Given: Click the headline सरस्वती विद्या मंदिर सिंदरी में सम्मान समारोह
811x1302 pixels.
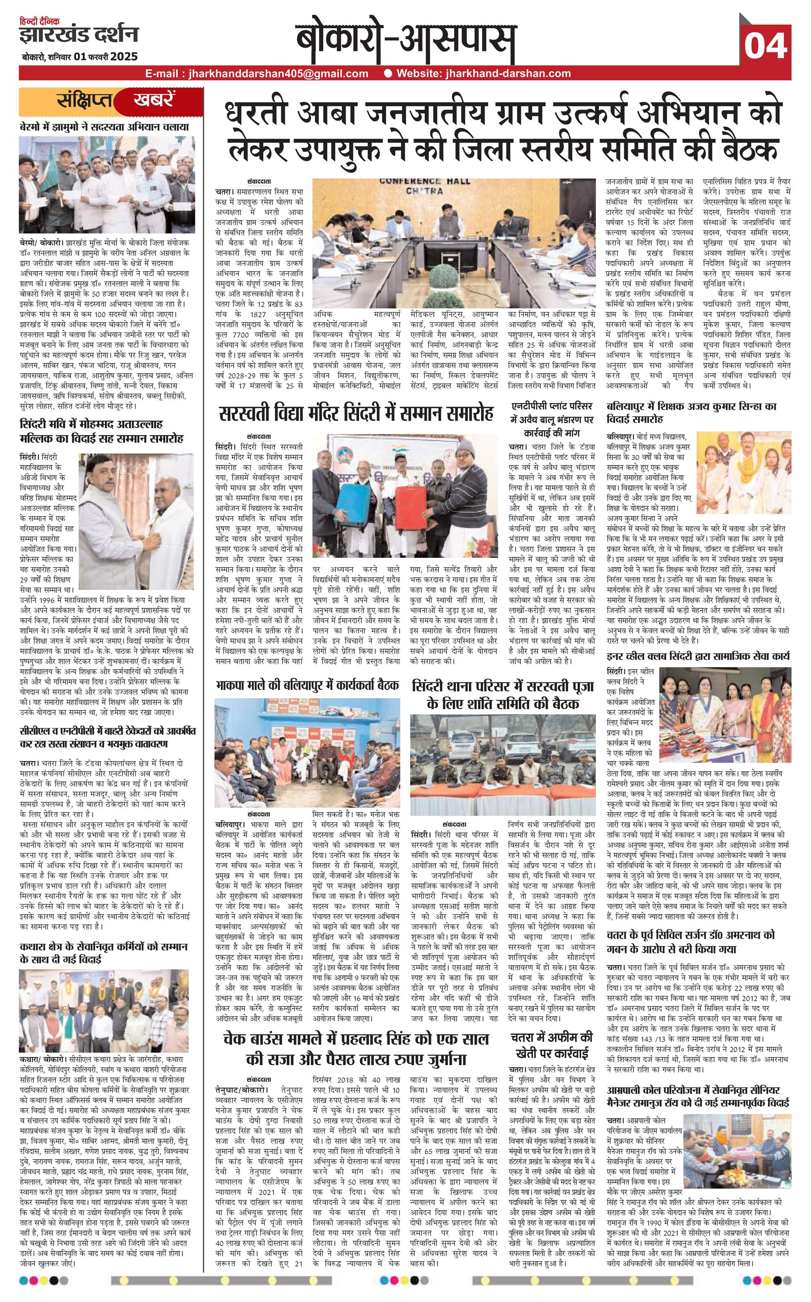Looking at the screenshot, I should [356, 414].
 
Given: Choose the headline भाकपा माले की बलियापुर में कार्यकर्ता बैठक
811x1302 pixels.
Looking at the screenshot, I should [307, 685].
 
